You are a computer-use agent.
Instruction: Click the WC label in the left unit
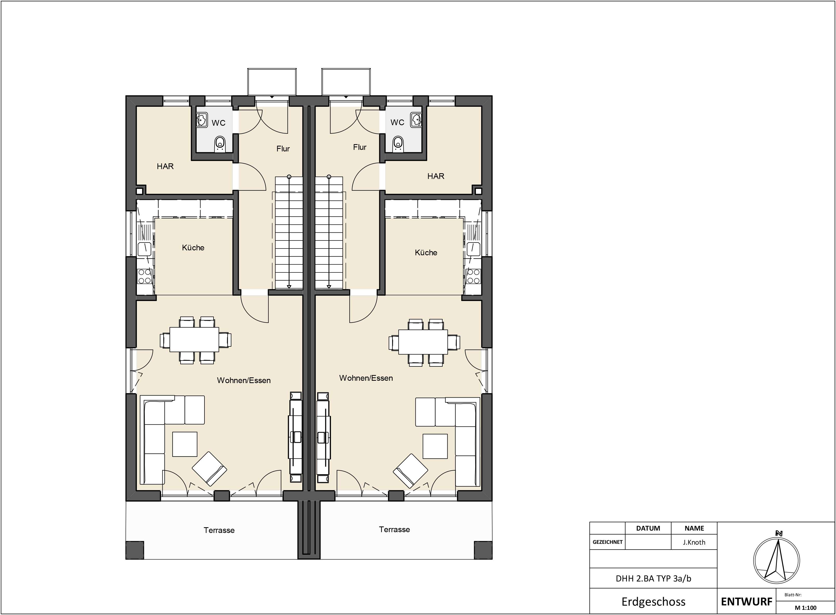coord(218,123)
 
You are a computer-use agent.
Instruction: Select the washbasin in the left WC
coord(201,120)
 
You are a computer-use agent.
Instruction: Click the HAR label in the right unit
coord(436,176)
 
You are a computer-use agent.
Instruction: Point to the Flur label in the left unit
coord(283,149)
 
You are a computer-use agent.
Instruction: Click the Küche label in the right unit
coord(426,252)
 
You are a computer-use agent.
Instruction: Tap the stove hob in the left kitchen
coord(144,276)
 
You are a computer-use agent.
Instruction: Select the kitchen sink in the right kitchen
coord(473,249)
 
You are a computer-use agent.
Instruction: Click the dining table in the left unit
coord(194,339)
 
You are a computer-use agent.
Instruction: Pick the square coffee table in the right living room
coord(435,446)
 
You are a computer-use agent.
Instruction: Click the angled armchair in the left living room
coord(209,469)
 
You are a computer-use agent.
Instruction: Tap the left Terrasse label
coord(219,530)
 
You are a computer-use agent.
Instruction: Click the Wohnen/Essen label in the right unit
coord(366,378)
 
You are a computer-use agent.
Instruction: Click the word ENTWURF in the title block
coord(746,601)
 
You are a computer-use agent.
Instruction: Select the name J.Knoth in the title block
coord(694,542)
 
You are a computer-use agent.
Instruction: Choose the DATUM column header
coord(648,528)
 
